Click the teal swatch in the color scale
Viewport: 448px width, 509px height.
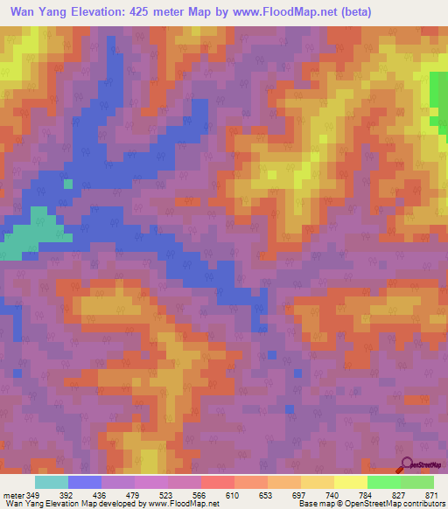coord(51,481)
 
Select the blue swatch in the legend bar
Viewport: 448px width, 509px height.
coord(84,481)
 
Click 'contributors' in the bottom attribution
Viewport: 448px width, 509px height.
coord(420,504)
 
